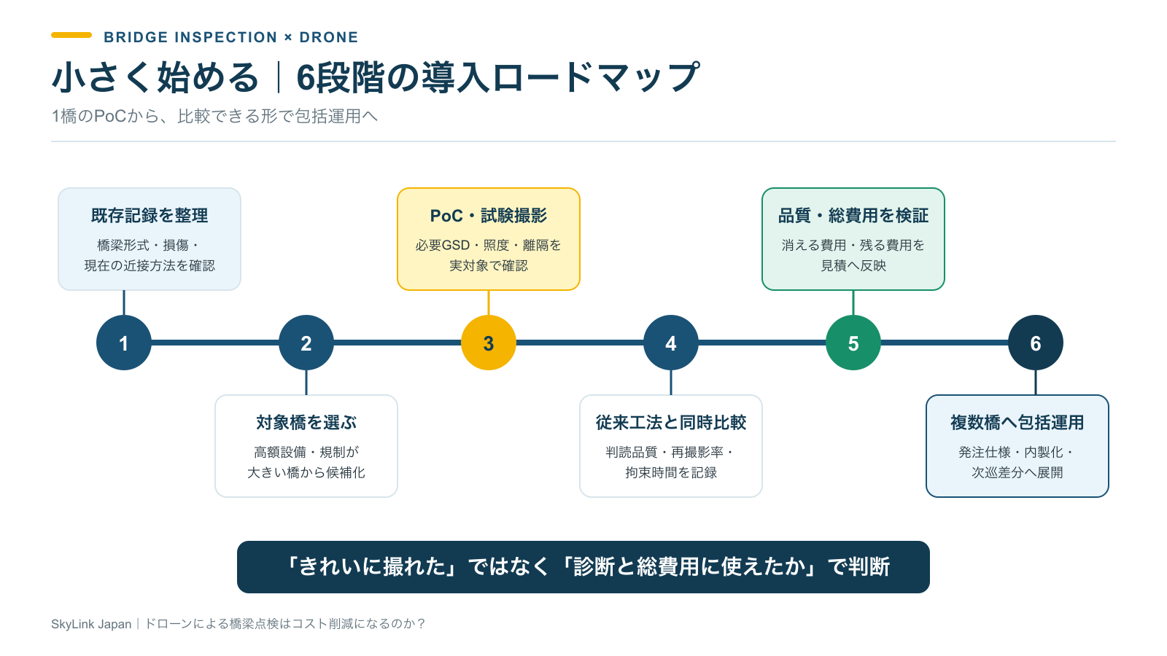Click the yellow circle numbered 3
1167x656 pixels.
click(x=488, y=343)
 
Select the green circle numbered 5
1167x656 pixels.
click(x=853, y=343)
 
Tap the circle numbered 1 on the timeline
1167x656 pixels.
click(x=123, y=343)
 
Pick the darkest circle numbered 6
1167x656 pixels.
click(x=1035, y=343)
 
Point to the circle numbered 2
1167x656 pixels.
click(x=306, y=343)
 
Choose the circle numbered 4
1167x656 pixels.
click(x=670, y=343)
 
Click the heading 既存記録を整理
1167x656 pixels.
click(x=150, y=216)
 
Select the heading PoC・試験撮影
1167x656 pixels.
click(x=488, y=216)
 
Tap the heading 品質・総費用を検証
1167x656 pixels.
click(x=853, y=216)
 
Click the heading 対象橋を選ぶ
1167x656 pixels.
click(x=306, y=422)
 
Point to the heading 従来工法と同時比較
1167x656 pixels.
click(x=670, y=422)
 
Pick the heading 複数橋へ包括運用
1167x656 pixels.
click(x=1017, y=422)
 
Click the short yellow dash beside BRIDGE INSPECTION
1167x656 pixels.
click(x=71, y=36)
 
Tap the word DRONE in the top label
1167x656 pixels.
click(x=329, y=37)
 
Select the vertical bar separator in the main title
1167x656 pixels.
click(x=279, y=77)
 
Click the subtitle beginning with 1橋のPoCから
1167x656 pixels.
click(x=214, y=116)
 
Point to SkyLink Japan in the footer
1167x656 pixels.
click(x=91, y=624)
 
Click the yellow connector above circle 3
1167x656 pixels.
click(x=488, y=302)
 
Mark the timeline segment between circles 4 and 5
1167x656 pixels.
click(x=761, y=343)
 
